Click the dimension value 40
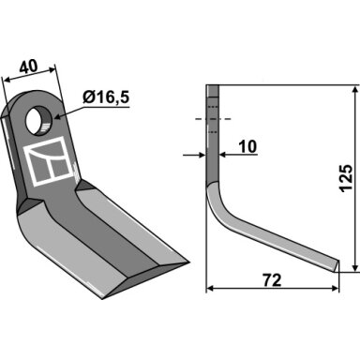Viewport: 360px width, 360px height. (x=28, y=67)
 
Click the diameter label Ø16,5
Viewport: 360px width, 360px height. (x=106, y=97)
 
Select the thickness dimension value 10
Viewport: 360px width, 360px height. (x=247, y=146)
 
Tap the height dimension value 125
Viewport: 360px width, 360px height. (x=346, y=177)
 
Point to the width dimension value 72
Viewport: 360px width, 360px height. (x=272, y=280)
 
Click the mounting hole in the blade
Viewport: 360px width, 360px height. (x=39, y=121)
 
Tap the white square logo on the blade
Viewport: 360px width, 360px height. (x=49, y=162)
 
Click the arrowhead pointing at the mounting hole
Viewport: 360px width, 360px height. (x=59, y=117)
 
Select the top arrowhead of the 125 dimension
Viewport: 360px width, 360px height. (x=354, y=90)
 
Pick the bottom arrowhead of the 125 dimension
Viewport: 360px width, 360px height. (x=354, y=267)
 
